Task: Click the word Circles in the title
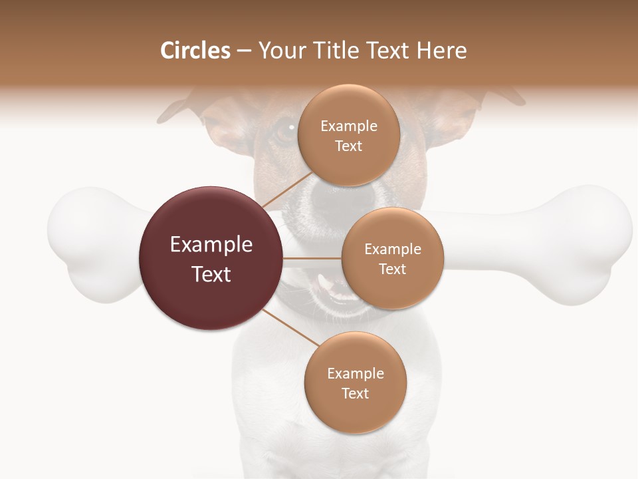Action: pyautogui.click(x=195, y=51)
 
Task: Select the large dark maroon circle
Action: pyautogui.click(x=210, y=258)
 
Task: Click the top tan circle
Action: pyautogui.click(x=349, y=135)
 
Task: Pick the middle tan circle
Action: pyautogui.click(x=392, y=258)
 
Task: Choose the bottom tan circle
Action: pyautogui.click(x=355, y=383)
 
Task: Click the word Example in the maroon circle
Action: pyautogui.click(x=211, y=245)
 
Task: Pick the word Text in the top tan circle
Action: pyautogui.click(x=349, y=146)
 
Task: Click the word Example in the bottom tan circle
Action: pyautogui.click(x=355, y=373)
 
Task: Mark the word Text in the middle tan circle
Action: pyautogui.click(x=392, y=269)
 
